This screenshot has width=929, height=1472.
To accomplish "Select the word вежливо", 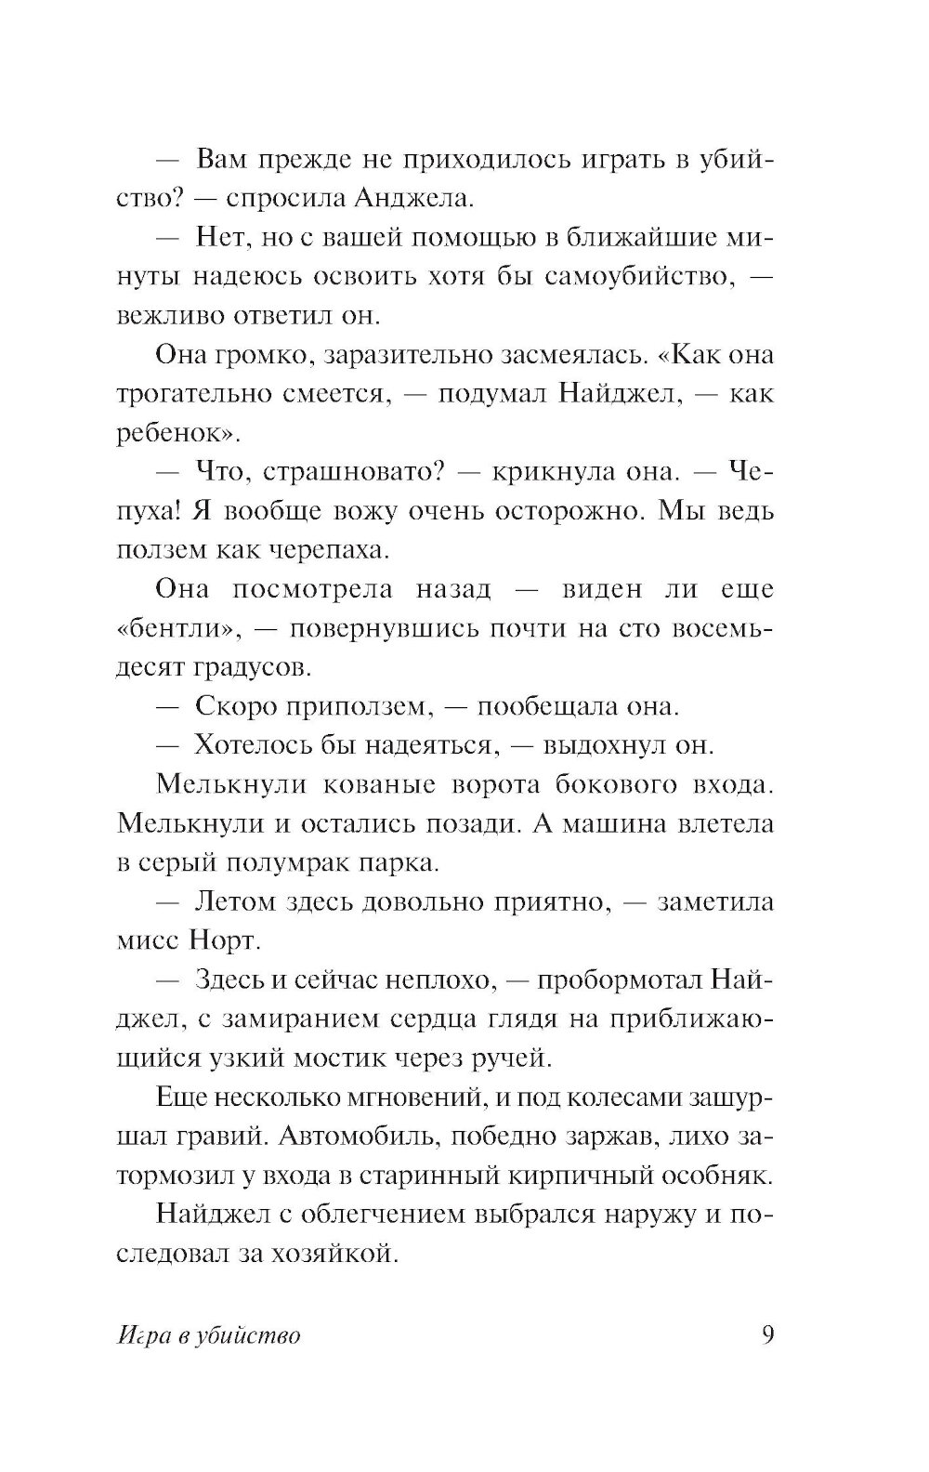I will tap(164, 316).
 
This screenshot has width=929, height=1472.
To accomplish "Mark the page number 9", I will tap(767, 1335).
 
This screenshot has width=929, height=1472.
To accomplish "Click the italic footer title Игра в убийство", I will tap(209, 1337).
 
